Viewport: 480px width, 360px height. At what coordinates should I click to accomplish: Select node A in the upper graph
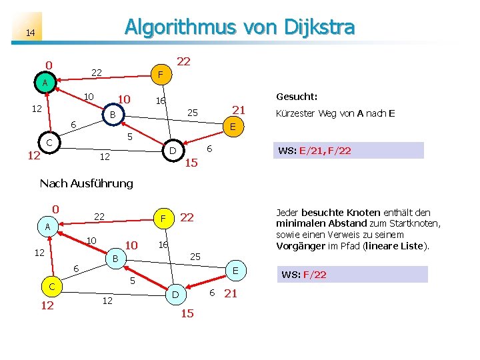[x=45, y=83]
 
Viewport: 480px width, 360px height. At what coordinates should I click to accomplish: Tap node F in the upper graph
[x=160, y=73]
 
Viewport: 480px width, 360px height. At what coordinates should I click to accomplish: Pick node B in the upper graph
[x=113, y=115]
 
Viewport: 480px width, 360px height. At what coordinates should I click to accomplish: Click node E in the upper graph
[x=233, y=126]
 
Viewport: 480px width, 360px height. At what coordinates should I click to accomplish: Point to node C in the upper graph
[x=49, y=143]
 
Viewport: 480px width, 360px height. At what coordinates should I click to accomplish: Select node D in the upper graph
[x=172, y=151]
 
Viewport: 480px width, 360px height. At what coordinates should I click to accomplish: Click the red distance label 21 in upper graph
[x=239, y=110]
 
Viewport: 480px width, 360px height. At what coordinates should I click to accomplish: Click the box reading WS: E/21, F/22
[x=349, y=151]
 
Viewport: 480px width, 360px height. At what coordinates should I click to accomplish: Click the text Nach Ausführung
[x=87, y=183]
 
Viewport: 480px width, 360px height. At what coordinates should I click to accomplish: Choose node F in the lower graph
[x=163, y=217]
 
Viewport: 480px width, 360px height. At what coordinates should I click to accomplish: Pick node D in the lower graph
[x=175, y=294]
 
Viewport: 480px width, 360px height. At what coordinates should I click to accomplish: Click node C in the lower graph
[x=51, y=287]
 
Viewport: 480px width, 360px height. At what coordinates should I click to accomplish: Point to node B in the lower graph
[x=115, y=258]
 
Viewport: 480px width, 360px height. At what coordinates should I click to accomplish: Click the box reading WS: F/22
[x=352, y=274]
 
